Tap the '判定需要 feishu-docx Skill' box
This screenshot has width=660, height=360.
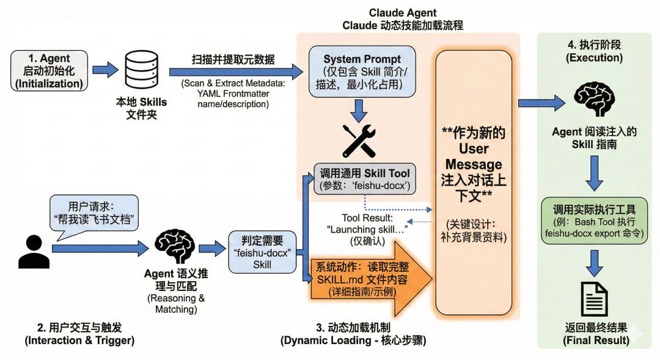click(260, 251)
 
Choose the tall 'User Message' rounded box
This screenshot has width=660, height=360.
click(474, 180)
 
